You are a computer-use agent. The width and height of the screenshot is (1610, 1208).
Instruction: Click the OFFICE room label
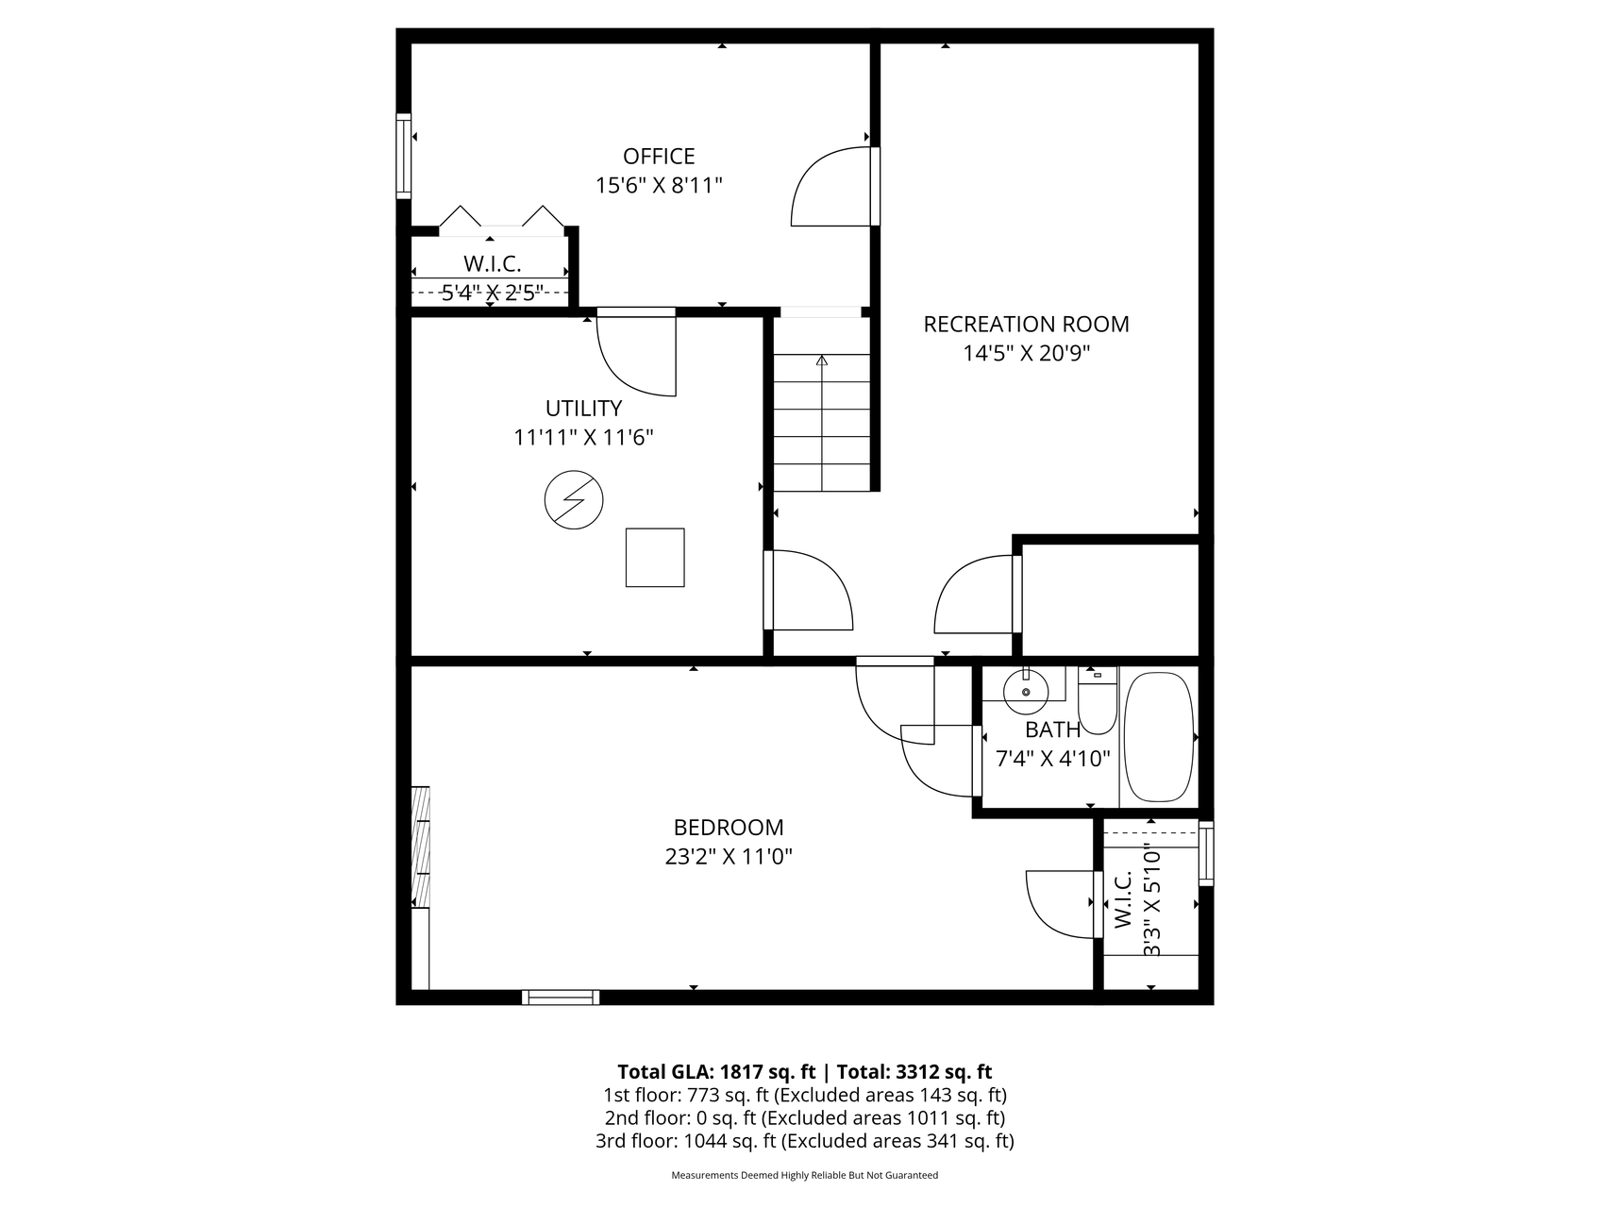click(x=659, y=156)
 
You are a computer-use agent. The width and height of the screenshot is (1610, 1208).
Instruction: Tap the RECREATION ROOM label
click(x=1026, y=324)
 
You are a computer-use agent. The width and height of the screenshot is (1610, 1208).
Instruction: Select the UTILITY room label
click(x=583, y=409)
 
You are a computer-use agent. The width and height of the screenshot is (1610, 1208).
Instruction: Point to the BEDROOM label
click(x=729, y=828)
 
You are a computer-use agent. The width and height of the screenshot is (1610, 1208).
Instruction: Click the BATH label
click(x=1053, y=730)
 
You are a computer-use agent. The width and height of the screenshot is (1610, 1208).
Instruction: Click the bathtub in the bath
click(x=1159, y=737)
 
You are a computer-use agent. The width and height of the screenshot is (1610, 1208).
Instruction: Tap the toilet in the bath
click(x=1098, y=701)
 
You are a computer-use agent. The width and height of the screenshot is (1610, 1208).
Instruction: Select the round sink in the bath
click(x=1026, y=691)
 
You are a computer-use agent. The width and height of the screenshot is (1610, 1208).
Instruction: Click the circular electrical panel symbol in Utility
click(x=574, y=499)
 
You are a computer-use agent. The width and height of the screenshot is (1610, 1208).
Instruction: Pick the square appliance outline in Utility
click(x=655, y=558)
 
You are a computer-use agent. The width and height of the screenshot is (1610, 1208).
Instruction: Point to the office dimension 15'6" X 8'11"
click(x=659, y=185)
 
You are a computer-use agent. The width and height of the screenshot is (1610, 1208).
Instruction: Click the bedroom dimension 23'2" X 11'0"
click(x=729, y=857)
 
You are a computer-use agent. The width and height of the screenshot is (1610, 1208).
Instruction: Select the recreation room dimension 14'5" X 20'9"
click(x=1026, y=354)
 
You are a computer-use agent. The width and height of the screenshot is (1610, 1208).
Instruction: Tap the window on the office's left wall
click(x=404, y=156)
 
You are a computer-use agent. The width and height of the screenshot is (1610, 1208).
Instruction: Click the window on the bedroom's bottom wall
click(x=561, y=997)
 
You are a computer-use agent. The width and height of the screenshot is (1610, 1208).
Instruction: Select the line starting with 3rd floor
click(x=805, y=1141)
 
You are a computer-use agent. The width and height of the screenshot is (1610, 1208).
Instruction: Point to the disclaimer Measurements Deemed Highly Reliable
click(x=805, y=1176)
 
